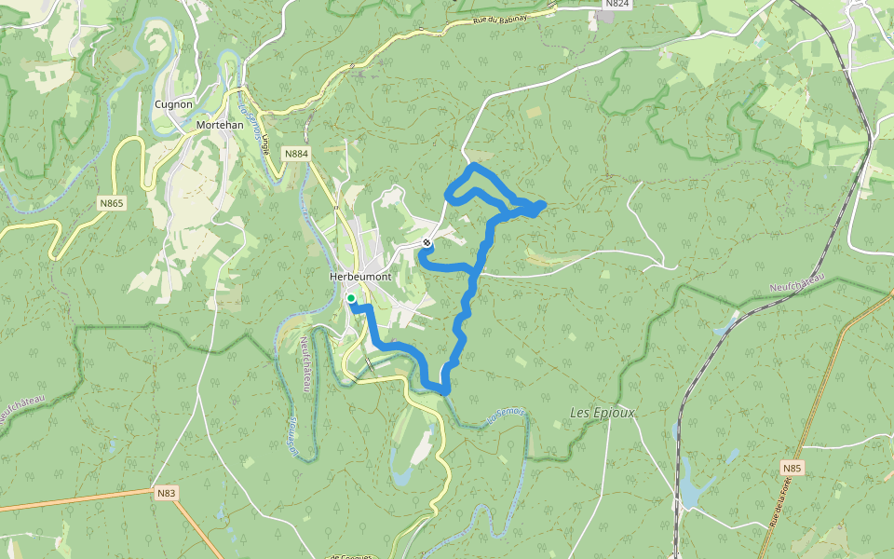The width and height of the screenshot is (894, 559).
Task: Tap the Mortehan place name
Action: [x=220, y=125]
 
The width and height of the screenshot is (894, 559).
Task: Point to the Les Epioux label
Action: [x=602, y=412]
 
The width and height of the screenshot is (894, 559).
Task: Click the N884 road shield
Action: [x=296, y=154]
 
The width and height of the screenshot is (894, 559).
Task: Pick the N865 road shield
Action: [x=112, y=202]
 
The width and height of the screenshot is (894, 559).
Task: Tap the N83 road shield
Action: [x=167, y=493]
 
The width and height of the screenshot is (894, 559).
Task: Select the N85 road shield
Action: [x=792, y=468]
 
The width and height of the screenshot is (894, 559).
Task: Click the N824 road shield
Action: [x=616, y=5]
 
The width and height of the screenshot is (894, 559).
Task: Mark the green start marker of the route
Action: [x=351, y=298]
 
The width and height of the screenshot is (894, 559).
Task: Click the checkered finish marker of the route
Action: [x=427, y=242]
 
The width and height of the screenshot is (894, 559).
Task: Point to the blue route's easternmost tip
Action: [x=543, y=204]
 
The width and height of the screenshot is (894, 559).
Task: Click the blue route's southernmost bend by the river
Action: [x=443, y=389]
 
